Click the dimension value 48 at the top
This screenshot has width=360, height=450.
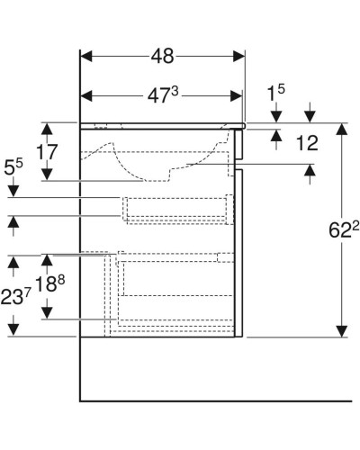tap(162, 55)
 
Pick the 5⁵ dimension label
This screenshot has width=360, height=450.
tap(13, 166)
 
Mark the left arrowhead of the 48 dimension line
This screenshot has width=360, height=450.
tap(86, 56)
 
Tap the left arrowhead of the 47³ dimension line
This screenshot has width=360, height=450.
tap(86, 94)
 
